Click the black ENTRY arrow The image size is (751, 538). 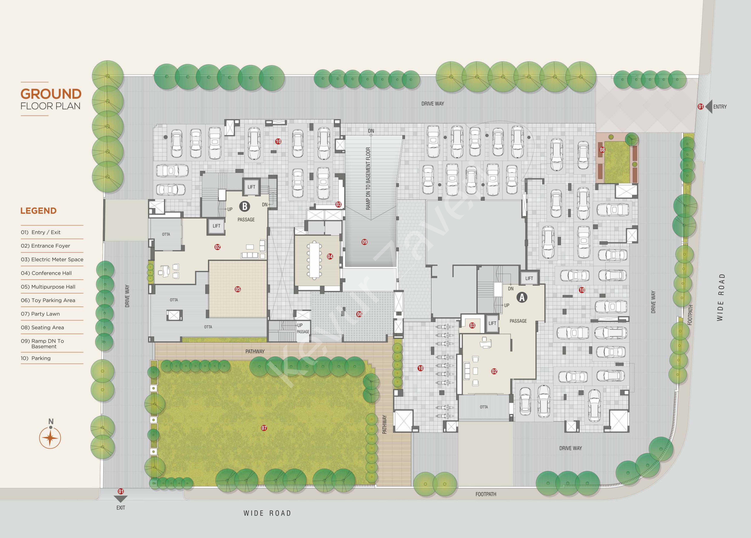point(709,107)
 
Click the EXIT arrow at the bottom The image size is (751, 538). point(121,499)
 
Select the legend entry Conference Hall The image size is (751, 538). point(46,273)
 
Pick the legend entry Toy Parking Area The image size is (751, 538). point(48,300)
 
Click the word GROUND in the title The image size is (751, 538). point(51,94)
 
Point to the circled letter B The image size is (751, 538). point(245,206)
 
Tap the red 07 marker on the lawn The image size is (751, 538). point(264,428)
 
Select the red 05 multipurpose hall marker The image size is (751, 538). point(238,289)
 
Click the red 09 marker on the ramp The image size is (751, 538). point(365,242)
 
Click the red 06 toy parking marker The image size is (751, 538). point(359,314)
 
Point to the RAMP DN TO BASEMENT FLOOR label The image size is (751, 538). point(368,179)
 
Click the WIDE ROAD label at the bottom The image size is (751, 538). point(267,513)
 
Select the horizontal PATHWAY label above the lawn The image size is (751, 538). point(255,351)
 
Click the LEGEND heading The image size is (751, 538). point(38,211)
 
